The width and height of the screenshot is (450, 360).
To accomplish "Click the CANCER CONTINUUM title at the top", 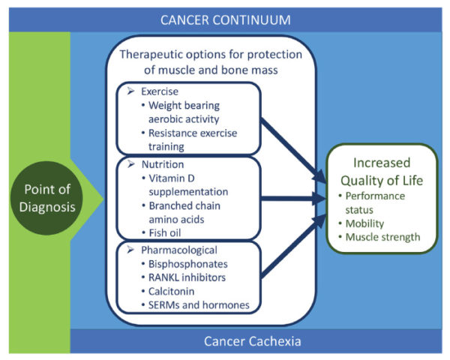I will point(224,19).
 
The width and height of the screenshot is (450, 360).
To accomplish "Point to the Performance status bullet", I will point(374,202).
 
